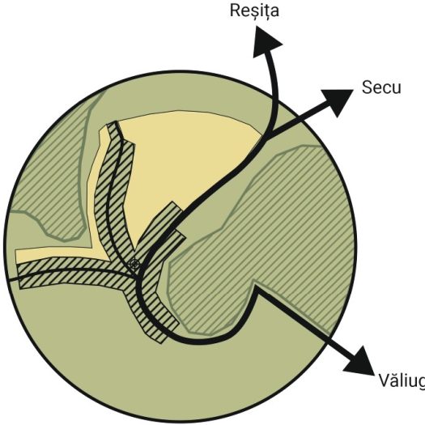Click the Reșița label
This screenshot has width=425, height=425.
click(254, 11)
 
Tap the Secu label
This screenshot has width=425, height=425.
click(381, 87)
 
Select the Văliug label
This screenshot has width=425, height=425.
click(402, 380)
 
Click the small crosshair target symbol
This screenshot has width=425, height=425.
click(134, 264)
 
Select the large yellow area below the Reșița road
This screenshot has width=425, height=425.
click(185, 157)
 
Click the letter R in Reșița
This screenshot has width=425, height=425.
click(235, 11)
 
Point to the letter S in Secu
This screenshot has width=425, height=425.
click(367, 87)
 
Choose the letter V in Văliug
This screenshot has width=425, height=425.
click(385, 380)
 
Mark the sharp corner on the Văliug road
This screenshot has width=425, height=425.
click(255, 288)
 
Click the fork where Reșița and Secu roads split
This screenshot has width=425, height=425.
click(271, 134)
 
